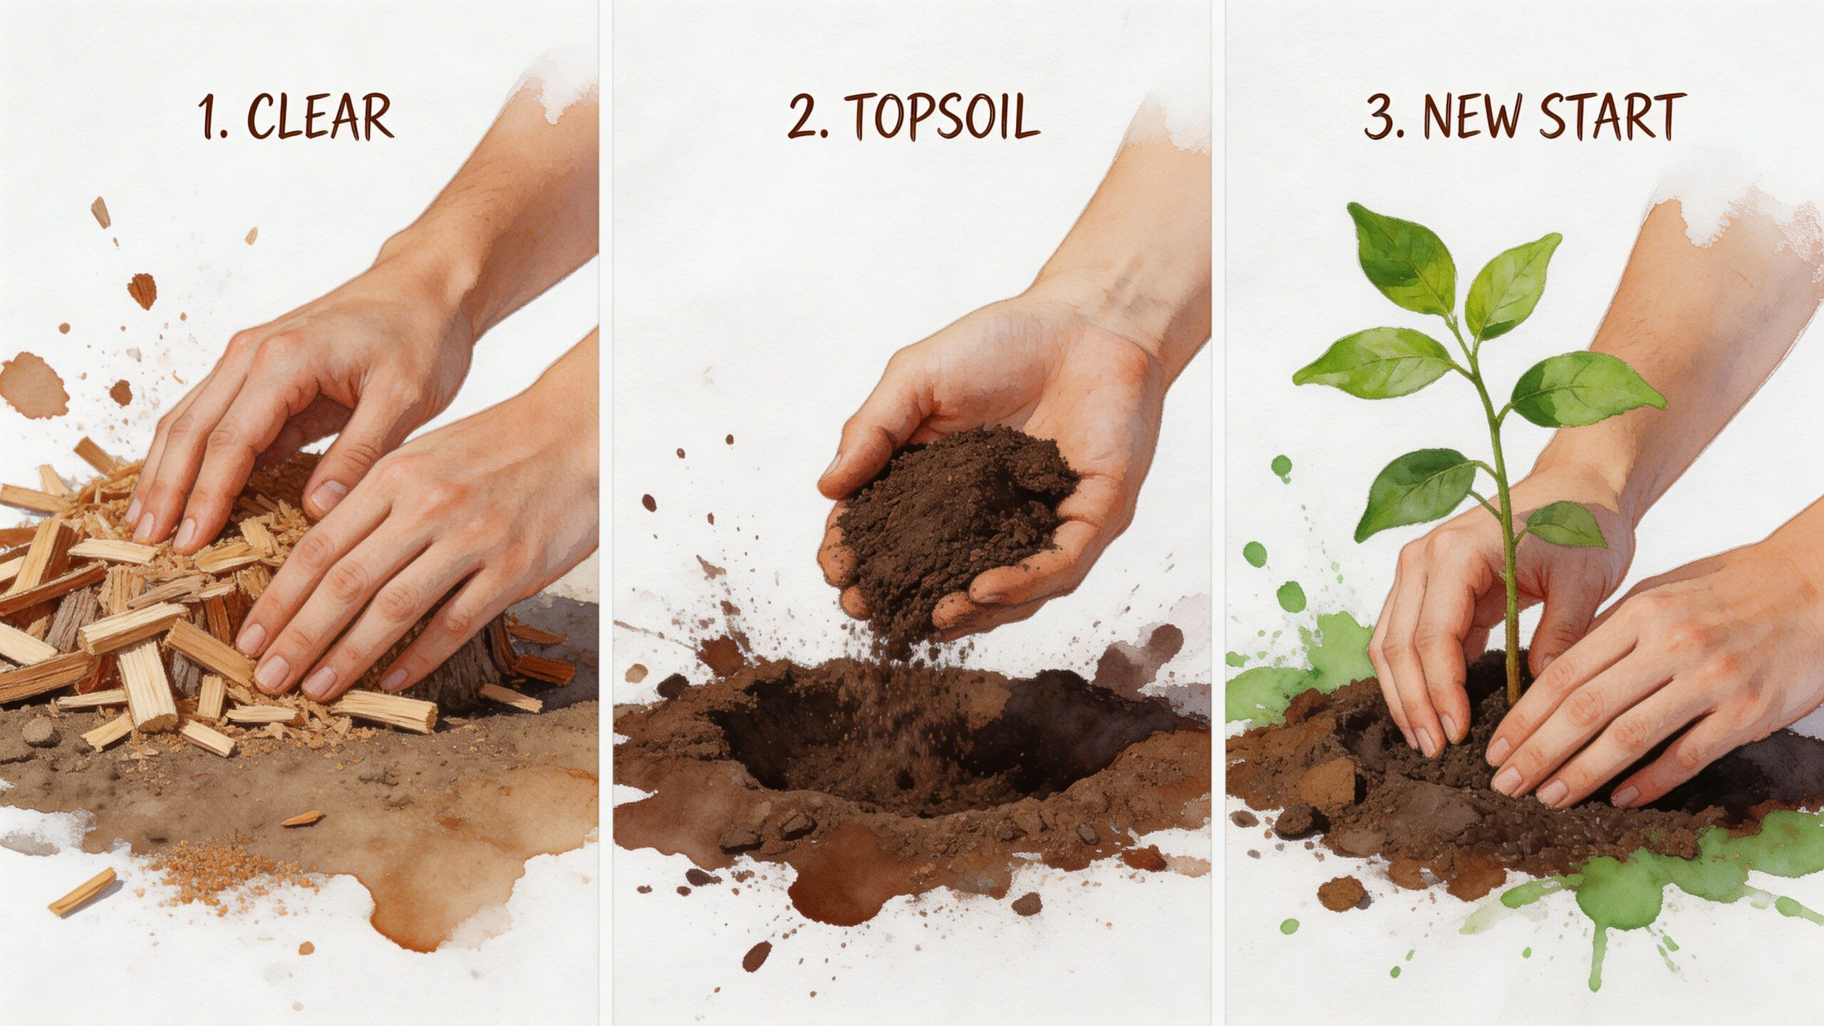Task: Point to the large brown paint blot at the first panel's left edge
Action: pyautogui.click(x=32, y=385)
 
